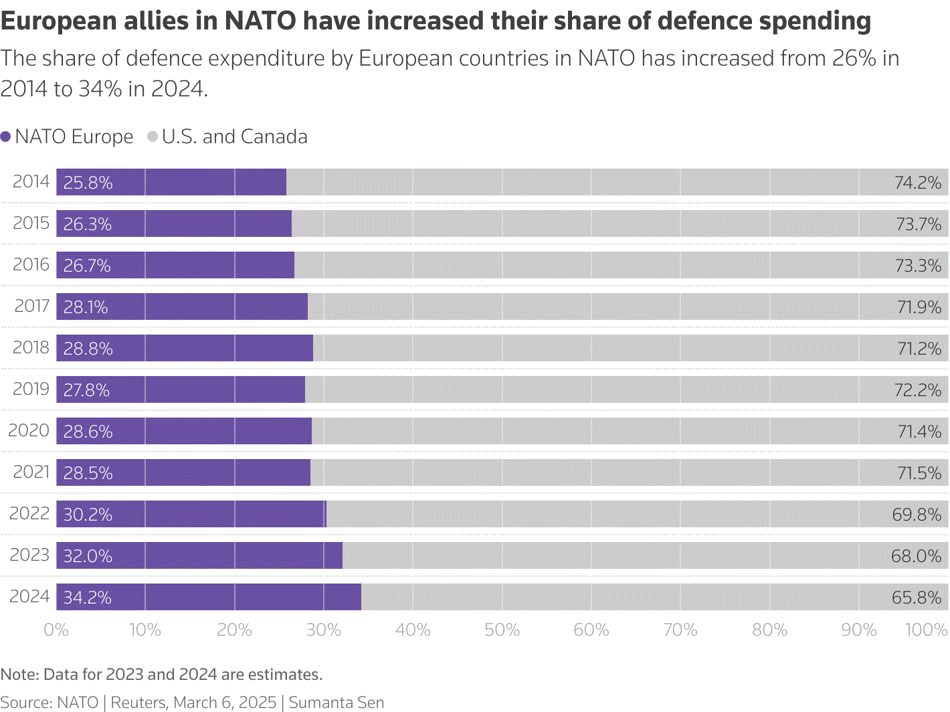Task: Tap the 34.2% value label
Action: point(88,598)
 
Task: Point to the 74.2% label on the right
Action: point(918,183)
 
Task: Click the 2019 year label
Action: point(31,389)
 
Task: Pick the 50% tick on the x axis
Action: point(502,630)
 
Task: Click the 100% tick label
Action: point(927,630)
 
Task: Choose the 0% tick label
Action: point(56,630)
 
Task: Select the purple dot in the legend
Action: point(6,137)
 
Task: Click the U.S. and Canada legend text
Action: point(234,137)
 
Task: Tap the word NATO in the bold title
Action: point(260,21)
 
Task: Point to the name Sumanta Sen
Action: point(337,703)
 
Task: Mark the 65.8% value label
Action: point(917,598)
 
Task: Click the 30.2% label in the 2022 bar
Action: point(88,515)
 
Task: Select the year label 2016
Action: point(31,264)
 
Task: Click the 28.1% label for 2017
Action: point(86,307)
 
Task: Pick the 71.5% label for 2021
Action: point(919,473)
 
